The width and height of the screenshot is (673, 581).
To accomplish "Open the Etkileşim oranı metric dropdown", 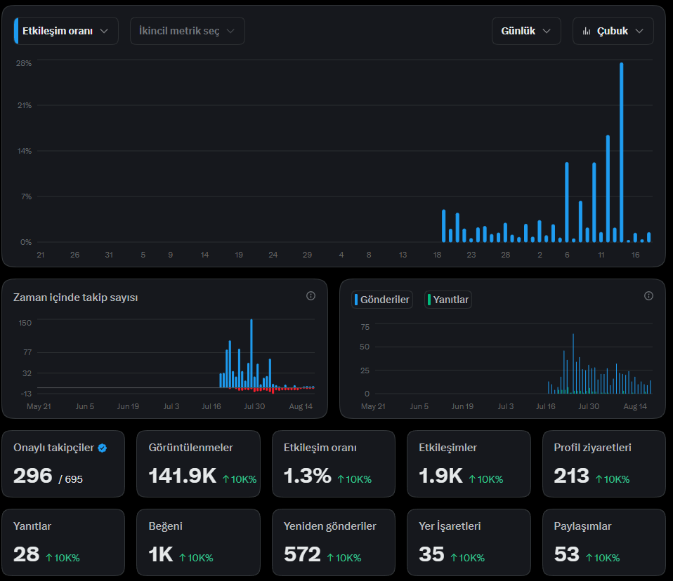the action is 66,31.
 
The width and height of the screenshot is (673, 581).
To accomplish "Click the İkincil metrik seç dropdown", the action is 187,31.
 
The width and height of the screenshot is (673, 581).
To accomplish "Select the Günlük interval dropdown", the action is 526,31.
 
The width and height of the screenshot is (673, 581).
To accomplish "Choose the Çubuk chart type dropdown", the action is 613,31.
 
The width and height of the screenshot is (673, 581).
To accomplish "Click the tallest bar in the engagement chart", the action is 622,152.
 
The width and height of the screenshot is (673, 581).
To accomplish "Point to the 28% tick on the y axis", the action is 24,63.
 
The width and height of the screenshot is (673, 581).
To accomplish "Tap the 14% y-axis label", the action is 25,151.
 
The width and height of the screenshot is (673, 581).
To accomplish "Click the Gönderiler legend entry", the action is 382,300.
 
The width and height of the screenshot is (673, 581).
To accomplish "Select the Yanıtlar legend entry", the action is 448,300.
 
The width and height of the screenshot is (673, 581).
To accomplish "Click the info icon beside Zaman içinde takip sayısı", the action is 311,296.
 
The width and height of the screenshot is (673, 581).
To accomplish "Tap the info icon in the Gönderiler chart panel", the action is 648,296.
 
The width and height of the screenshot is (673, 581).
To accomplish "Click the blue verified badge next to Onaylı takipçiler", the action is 102,448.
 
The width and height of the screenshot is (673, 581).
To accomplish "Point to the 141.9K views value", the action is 183,476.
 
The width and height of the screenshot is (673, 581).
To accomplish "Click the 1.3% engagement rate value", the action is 307,476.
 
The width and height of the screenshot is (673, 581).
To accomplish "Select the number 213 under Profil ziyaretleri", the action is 571,476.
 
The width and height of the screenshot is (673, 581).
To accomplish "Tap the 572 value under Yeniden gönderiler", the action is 302,554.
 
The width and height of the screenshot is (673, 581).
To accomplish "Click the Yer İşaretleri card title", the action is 450,526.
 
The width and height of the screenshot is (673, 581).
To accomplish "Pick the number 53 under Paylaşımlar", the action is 566,554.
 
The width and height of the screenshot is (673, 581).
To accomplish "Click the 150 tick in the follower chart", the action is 25,323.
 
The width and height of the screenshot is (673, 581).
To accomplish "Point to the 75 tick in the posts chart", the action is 365,327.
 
